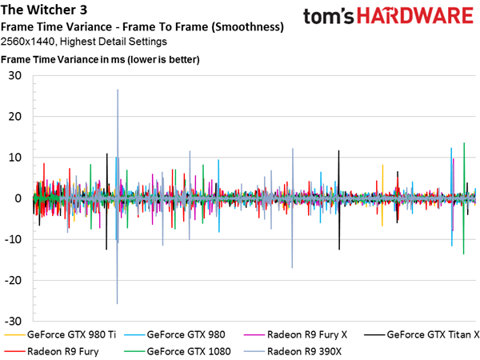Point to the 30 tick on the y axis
click(14, 75)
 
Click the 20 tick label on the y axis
click(14, 117)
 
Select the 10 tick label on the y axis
click(14, 158)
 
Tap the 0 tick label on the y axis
click(18, 198)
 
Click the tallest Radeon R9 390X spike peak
click(118, 90)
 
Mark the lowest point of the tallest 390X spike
click(118, 303)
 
